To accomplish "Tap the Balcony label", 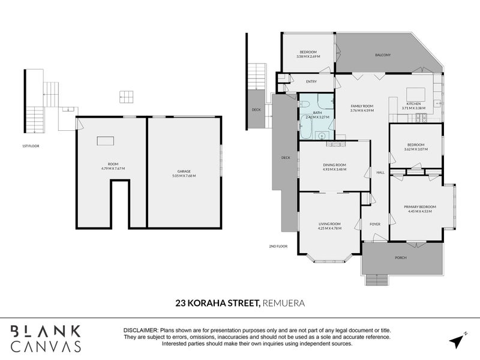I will tap(383, 55).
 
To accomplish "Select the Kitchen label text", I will tap(415, 104).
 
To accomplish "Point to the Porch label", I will tap(400, 257).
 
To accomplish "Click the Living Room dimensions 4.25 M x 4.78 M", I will tap(329, 228).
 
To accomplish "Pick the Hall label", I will tap(380, 172).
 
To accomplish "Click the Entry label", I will tap(311, 82).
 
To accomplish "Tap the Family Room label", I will tap(362, 106).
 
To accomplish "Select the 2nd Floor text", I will tap(278, 246).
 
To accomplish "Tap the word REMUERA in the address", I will tap(284, 304).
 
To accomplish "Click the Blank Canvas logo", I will tap(46, 339).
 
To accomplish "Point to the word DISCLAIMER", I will tap(140, 331).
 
